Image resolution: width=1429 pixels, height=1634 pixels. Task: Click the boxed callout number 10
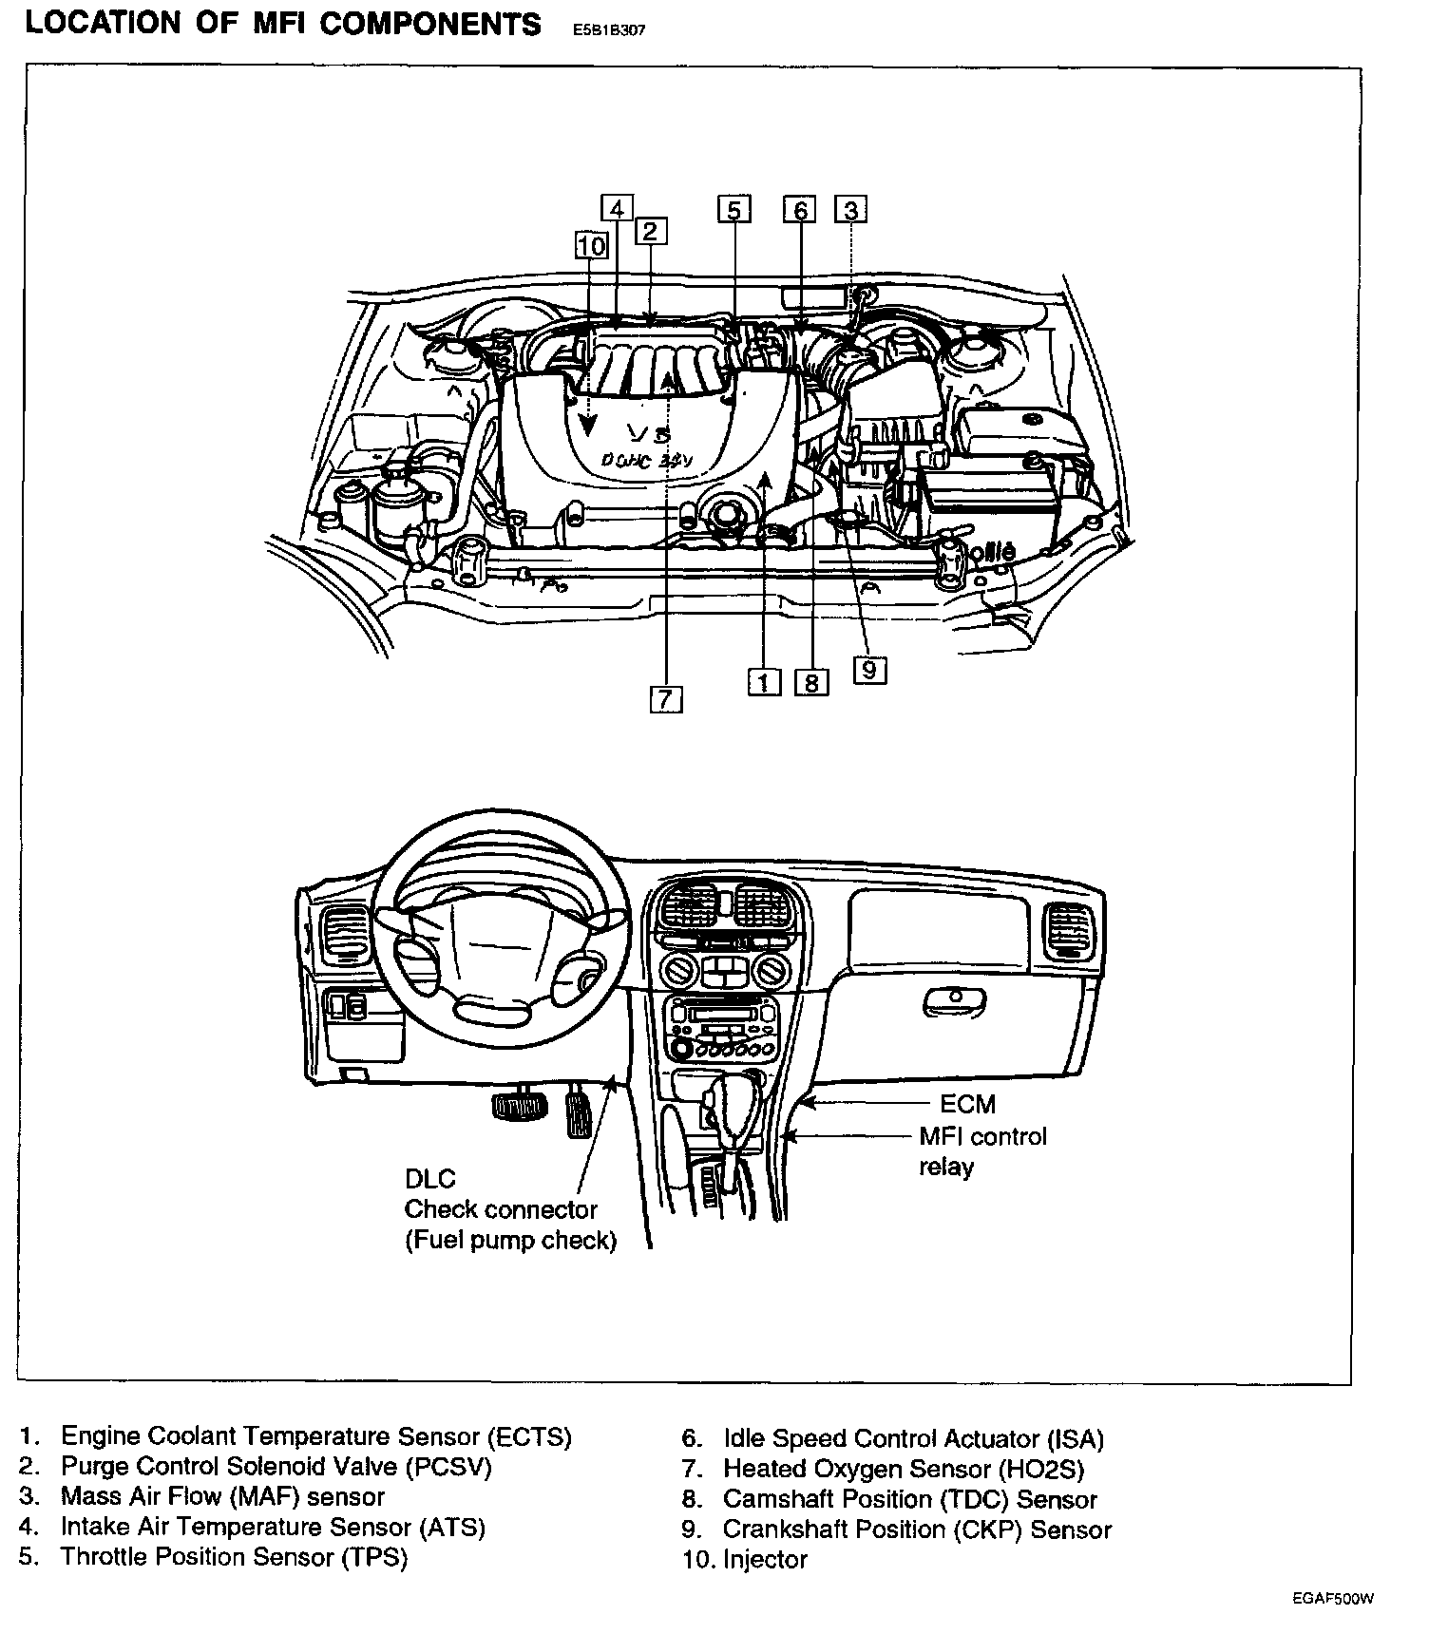(591, 245)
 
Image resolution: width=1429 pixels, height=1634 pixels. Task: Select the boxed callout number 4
(617, 208)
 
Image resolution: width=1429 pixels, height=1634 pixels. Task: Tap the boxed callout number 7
(666, 699)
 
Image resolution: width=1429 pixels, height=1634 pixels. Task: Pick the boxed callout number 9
(869, 670)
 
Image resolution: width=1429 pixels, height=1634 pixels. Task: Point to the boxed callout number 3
(851, 209)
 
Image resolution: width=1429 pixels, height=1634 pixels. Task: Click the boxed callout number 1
(764, 681)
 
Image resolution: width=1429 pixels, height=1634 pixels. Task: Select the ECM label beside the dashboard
(967, 1104)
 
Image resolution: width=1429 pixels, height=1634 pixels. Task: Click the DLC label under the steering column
(429, 1179)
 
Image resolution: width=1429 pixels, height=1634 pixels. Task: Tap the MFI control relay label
(981, 1150)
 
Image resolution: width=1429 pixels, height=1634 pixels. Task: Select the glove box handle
(952, 997)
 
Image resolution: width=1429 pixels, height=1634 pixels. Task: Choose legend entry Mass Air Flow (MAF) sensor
(222, 1496)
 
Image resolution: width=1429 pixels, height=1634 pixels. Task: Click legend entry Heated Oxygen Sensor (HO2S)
(903, 1469)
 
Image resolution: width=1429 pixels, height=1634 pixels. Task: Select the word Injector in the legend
(765, 1559)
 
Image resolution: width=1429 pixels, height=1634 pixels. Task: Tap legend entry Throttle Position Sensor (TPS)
(234, 1557)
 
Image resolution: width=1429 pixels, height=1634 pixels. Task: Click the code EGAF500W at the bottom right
(1332, 1598)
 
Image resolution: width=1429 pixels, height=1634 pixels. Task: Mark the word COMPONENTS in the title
(430, 24)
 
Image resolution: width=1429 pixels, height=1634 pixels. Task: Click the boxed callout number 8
(811, 682)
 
